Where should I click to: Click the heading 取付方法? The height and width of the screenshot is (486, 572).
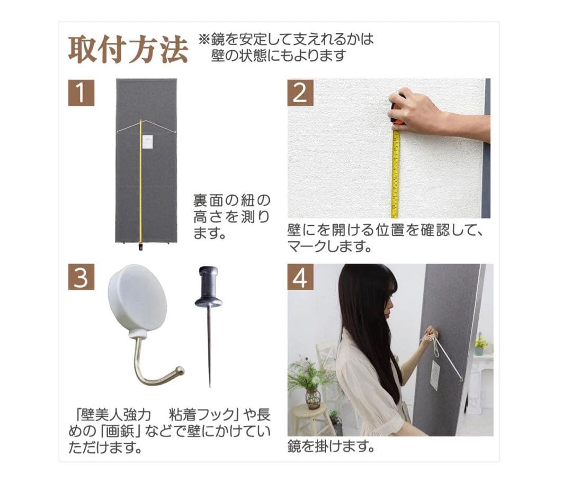click(128, 49)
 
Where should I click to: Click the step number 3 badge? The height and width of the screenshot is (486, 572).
click(81, 277)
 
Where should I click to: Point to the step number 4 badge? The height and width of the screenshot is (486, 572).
click(300, 277)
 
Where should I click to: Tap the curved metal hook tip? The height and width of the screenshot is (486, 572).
click(180, 370)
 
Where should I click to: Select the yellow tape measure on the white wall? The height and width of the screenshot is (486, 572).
click(395, 175)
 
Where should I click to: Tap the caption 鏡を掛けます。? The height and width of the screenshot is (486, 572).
click(331, 446)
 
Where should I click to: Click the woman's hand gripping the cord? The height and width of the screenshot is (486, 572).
click(429, 335)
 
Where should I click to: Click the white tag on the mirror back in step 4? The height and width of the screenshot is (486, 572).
click(435, 374)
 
